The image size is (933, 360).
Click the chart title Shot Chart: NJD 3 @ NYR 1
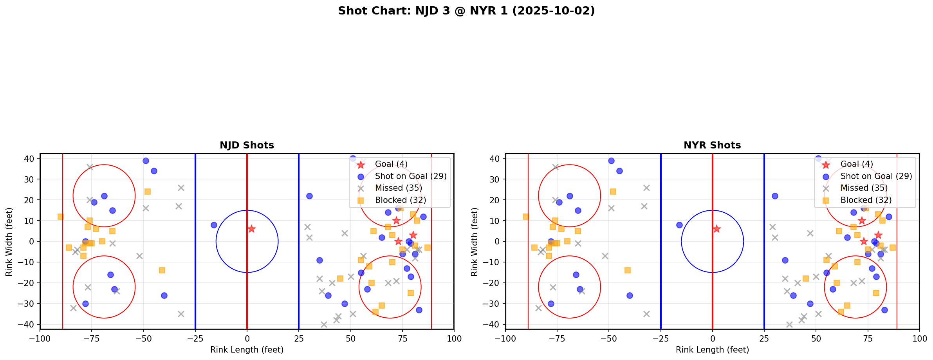(466, 11)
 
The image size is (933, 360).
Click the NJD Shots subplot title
(247, 145)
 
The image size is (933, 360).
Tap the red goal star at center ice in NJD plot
(251, 229)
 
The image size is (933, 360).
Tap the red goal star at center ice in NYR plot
(716, 229)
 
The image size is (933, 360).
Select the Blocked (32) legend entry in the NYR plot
(865, 200)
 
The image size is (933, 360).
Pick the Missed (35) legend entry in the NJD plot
(398, 188)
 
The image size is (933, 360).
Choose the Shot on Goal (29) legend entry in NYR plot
(876, 176)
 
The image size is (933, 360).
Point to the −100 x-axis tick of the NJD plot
(40, 338)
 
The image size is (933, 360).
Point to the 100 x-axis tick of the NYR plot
(919, 338)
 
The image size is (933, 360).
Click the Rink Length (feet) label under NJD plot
(247, 350)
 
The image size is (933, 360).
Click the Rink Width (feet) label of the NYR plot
(475, 241)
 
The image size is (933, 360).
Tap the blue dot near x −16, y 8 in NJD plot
(214, 225)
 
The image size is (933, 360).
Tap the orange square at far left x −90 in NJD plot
(60, 217)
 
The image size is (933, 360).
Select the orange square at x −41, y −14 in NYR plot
(627, 270)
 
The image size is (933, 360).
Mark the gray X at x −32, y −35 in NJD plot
(181, 314)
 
